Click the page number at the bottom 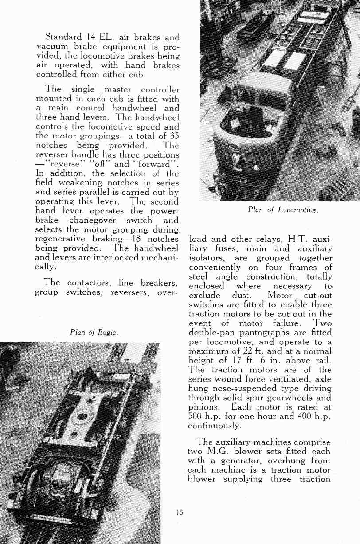click(180, 512)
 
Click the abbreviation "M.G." click(222, 451)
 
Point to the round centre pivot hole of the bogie click(82, 417)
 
